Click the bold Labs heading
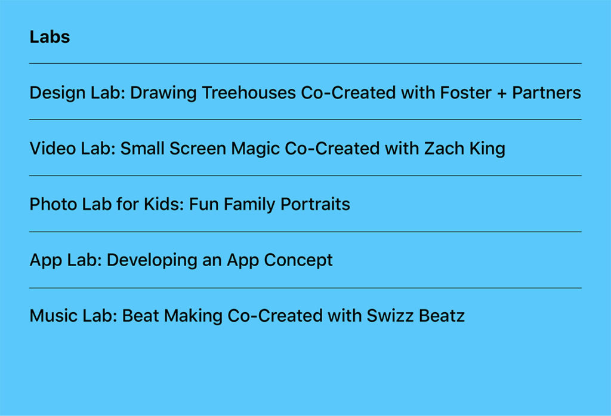[x=50, y=37]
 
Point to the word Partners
[x=547, y=93]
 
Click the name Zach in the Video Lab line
[x=442, y=148]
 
